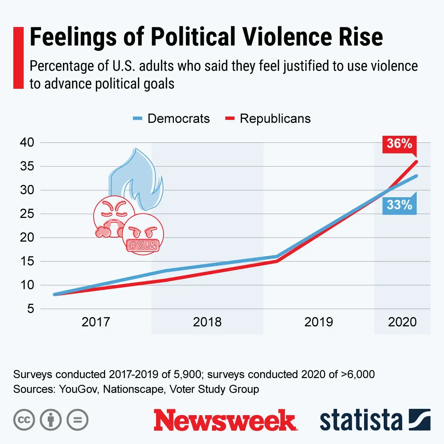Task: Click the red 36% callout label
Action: (399, 144)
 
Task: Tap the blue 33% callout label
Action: (399, 205)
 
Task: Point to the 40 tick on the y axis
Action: (27, 142)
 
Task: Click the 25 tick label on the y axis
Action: (27, 214)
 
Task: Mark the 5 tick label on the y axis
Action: (30, 309)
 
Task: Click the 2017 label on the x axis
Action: (96, 322)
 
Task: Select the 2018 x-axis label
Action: (207, 322)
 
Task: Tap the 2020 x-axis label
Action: (402, 322)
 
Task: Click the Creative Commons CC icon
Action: (24, 420)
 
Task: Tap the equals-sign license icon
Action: (77, 420)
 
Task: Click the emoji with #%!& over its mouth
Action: (143, 234)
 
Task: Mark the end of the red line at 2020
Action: (417, 161)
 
